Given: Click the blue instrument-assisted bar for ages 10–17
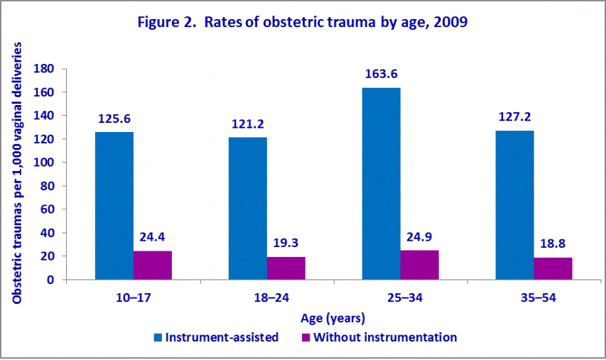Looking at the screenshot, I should (x=114, y=206).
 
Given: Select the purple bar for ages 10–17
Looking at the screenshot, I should (x=152, y=265).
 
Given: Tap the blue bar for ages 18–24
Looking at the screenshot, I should (x=247, y=208).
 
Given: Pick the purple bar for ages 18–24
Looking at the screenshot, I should (x=286, y=268).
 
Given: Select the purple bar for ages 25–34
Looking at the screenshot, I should (x=419, y=265).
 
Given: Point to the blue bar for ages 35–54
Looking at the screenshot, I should (x=514, y=205).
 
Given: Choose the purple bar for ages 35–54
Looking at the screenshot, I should (x=553, y=268).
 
